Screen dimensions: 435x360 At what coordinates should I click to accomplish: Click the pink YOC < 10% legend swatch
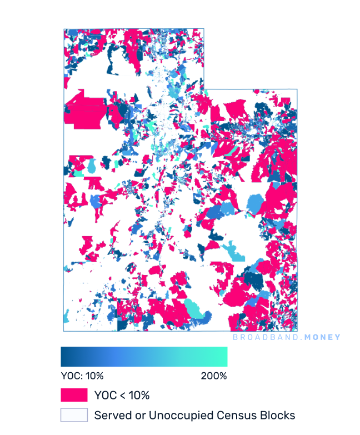click(74, 395)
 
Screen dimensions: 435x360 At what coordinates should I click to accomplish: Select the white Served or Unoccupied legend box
click(74, 415)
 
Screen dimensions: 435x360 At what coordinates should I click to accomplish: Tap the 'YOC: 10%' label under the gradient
click(82, 376)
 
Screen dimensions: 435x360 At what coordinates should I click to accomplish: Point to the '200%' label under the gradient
click(214, 376)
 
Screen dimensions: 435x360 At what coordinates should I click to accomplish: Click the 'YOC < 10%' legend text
click(122, 396)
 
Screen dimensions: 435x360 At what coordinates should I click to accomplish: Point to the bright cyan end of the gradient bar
click(223, 356)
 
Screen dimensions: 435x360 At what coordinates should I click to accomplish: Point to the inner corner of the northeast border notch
click(204, 89)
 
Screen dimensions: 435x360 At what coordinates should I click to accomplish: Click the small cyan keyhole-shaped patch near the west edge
click(91, 166)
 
